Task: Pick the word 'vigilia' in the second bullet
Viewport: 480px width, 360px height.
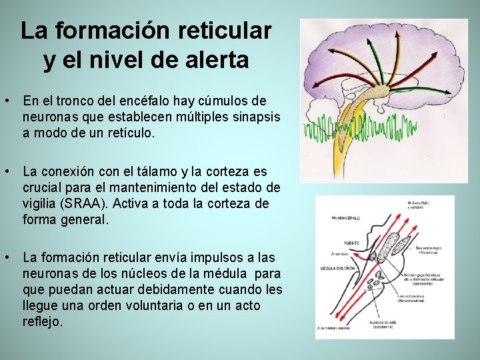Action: click(41, 204)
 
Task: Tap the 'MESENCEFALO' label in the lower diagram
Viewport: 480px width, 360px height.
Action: click(345, 218)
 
